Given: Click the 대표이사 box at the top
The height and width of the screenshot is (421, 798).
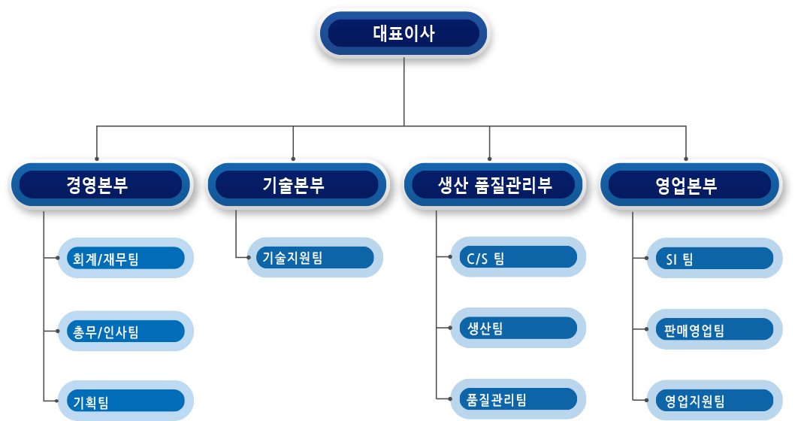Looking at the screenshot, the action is (404, 34).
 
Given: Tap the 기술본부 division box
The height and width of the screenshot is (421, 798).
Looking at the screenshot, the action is (297, 184).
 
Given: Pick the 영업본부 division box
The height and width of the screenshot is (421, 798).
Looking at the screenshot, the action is (690, 184).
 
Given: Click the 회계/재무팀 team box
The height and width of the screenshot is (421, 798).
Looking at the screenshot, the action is (125, 258).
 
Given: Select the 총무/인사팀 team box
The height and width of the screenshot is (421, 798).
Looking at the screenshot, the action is (125, 331).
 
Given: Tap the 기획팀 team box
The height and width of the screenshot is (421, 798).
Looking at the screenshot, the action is (125, 401).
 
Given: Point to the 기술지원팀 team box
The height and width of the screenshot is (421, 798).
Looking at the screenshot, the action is (315, 257).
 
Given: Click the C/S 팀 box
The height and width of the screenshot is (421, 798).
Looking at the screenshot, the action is (518, 256).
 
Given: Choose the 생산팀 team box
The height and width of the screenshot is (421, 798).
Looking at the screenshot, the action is (518, 328).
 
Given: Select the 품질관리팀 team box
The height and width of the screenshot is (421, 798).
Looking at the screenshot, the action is (518, 398).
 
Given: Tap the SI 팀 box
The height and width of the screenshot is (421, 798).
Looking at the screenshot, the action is (715, 258).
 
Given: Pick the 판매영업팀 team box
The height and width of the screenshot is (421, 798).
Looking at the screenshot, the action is (715, 329).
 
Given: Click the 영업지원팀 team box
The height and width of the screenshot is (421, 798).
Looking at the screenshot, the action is (715, 400).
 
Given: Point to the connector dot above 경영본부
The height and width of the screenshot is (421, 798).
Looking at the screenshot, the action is (97, 159).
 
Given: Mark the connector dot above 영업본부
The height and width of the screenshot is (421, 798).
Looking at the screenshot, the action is (686, 159).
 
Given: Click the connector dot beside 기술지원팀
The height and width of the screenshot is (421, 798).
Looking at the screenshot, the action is (249, 257).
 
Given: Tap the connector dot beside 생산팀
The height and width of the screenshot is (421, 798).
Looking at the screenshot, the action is (450, 328).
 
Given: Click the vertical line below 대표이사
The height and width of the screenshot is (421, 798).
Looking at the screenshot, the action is (404, 91).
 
